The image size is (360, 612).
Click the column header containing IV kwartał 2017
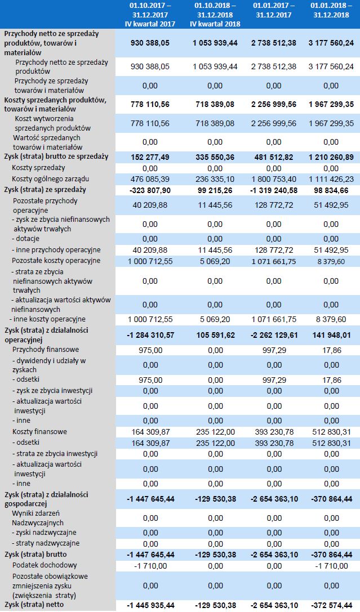click(150, 15)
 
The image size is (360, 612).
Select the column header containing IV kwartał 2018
click(215, 15)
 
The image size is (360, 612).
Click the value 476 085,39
click(150, 178)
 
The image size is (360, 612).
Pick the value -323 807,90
click(150, 190)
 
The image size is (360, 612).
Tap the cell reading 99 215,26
click(215, 190)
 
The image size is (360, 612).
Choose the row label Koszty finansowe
click(39, 432)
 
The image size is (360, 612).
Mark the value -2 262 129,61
click(273, 335)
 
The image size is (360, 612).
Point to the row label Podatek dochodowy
click(45, 565)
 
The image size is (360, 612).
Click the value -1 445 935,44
click(150, 605)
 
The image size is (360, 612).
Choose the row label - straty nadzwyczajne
click(45, 543)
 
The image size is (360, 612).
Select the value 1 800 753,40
click(273, 178)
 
